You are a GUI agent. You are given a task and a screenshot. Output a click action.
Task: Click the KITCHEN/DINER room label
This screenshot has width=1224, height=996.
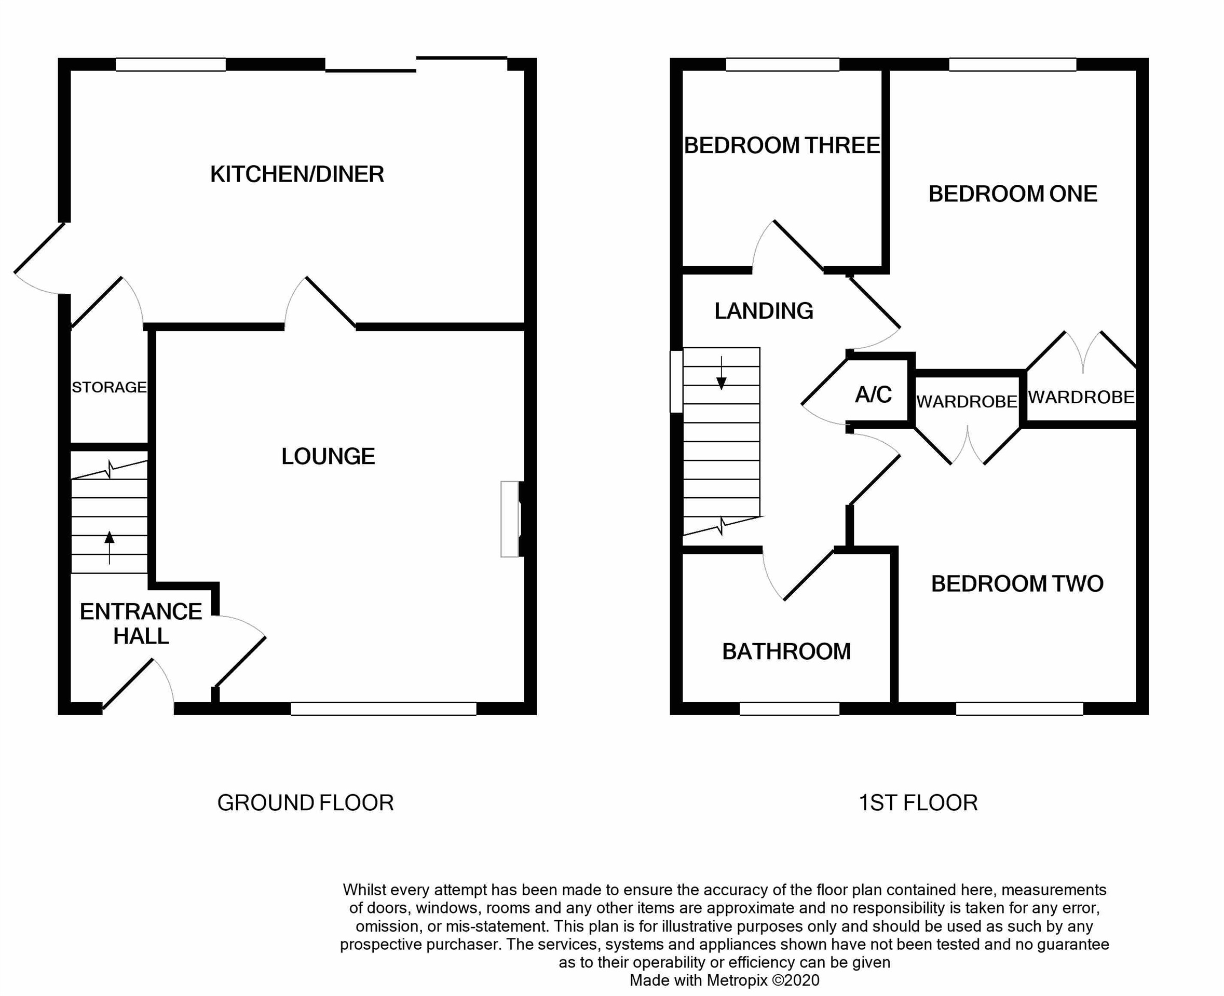pos(297,174)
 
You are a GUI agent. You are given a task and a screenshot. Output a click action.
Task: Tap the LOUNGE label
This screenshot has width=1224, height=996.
pos(328,456)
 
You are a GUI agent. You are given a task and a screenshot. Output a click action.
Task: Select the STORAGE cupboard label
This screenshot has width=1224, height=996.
pos(109,387)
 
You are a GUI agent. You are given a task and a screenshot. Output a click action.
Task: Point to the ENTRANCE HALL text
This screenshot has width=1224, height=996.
pos(141,624)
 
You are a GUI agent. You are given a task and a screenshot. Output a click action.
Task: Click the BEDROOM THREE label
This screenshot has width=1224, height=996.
pos(782,145)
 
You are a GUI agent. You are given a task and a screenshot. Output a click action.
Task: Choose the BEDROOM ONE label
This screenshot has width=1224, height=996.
pos(1012,194)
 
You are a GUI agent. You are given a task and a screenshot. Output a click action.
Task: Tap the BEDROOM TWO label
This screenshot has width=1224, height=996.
pos(1017,583)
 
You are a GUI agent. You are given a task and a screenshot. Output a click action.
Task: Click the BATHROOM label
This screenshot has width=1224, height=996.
pos(786,651)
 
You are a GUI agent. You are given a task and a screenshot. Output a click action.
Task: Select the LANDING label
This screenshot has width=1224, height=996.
pos(763,311)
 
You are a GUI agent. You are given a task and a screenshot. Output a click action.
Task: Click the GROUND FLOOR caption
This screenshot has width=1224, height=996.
pos(305,802)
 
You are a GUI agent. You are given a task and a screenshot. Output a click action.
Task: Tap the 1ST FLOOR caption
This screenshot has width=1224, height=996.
pos(918,802)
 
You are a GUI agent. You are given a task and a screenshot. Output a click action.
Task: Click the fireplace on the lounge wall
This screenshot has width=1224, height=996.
pos(510,519)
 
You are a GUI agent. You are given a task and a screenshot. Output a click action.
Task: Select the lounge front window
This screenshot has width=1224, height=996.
pos(383,708)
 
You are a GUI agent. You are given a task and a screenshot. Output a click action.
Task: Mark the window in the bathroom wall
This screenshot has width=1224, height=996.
pos(789,708)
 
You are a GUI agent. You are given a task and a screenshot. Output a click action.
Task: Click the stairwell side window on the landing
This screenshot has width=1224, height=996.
pos(676,381)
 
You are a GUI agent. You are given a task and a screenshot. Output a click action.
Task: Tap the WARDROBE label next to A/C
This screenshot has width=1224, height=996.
pos(967,402)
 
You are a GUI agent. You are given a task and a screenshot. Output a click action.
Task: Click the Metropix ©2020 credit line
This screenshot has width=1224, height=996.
pos(724,980)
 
